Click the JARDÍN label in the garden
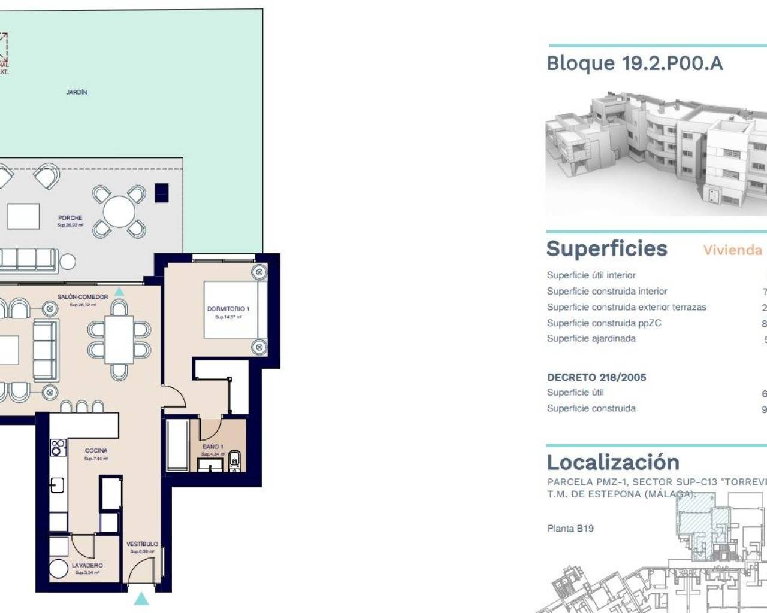77,92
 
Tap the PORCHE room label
70,218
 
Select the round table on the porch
119,211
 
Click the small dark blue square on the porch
161,192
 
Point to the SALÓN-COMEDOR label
83,297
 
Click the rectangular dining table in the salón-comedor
119,338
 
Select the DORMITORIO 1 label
228,309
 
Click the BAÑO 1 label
213,447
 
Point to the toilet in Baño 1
235,460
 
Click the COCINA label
96,450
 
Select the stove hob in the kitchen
58,447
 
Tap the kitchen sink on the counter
57,484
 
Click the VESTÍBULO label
143,544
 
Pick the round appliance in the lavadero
59,569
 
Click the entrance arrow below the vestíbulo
141,598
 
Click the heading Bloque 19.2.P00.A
635,63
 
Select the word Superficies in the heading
606,249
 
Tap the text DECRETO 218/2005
596,377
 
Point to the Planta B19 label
570,528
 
